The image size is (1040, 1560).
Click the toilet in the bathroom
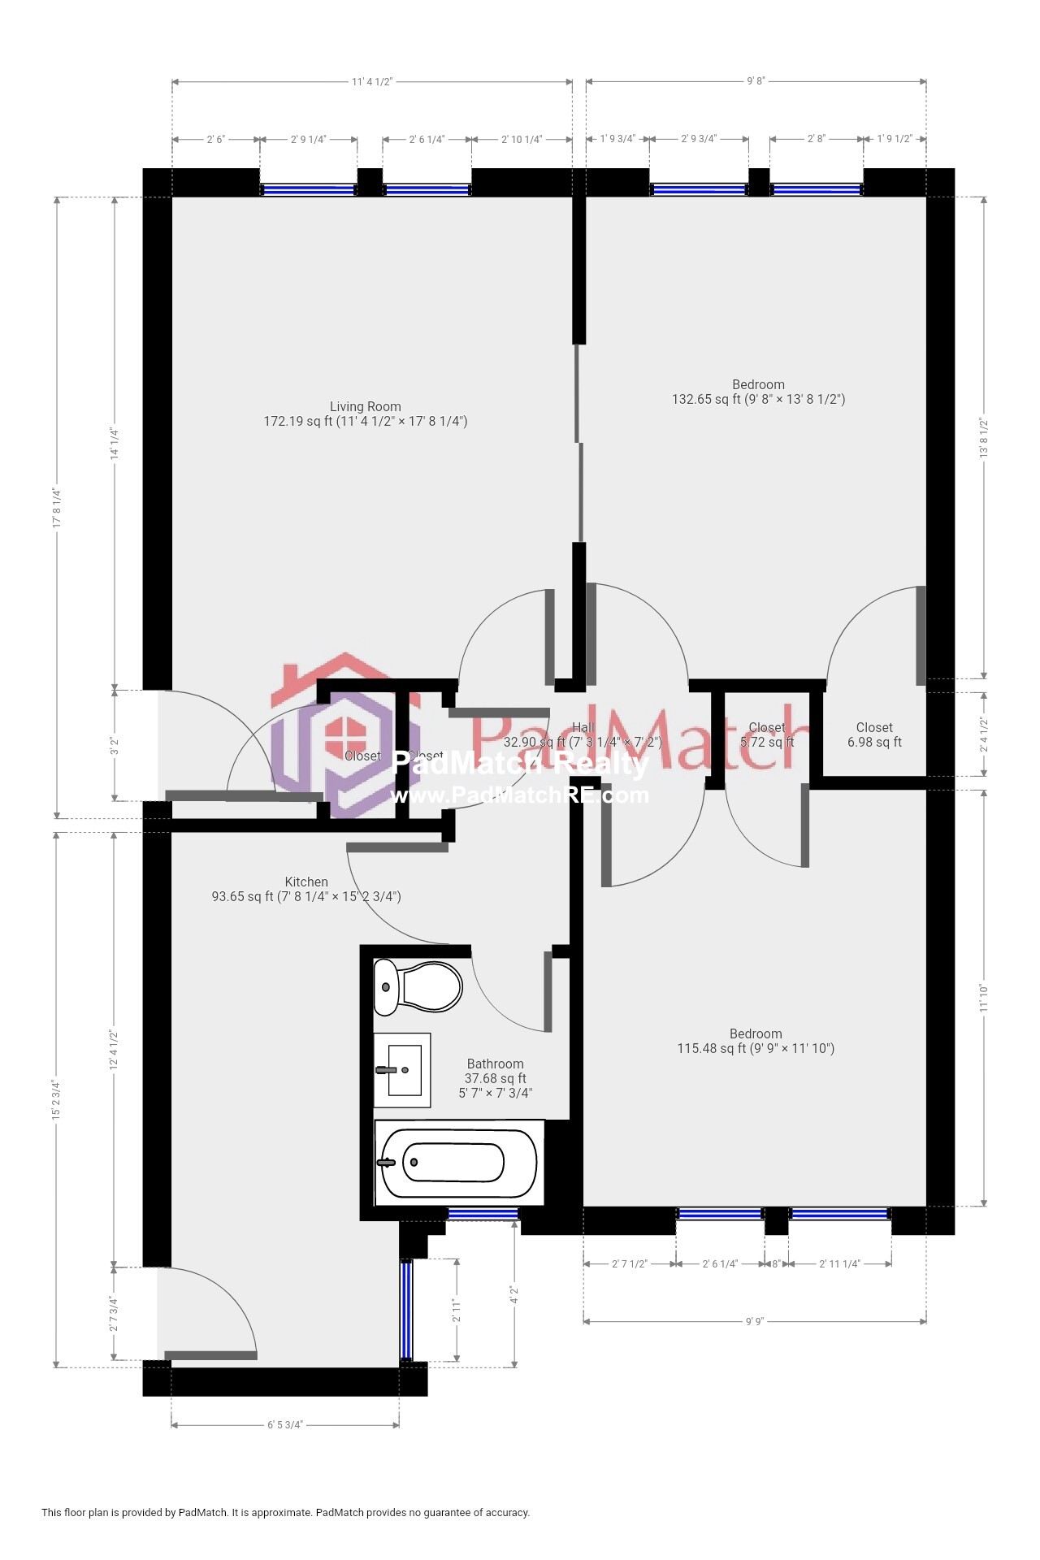[418, 987]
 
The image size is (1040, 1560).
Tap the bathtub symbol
[458, 1163]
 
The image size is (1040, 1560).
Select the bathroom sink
[402, 1070]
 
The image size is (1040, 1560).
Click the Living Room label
[365, 407]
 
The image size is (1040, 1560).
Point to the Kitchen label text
[306, 882]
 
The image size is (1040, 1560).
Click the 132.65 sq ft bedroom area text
[757, 400]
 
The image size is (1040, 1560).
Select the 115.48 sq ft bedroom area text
[755, 1049]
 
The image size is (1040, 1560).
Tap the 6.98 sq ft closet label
[874, 742]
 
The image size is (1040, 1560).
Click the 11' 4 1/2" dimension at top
[372, 81]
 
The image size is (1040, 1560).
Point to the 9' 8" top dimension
[756, 81]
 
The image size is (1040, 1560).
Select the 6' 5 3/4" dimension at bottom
[285, 1424]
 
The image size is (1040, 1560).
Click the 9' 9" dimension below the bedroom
[755, 1321]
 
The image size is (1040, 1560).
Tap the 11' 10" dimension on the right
[984, 997]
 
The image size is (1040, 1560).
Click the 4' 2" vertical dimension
[514, 1293]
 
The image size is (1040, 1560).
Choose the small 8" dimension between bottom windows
[776, 1263]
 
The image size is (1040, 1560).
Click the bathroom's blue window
[483, 1214]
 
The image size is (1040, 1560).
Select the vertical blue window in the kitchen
[406, 1309]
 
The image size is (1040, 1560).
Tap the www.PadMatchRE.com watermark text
[520, 795]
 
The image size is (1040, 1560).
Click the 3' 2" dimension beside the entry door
[115, 745]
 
